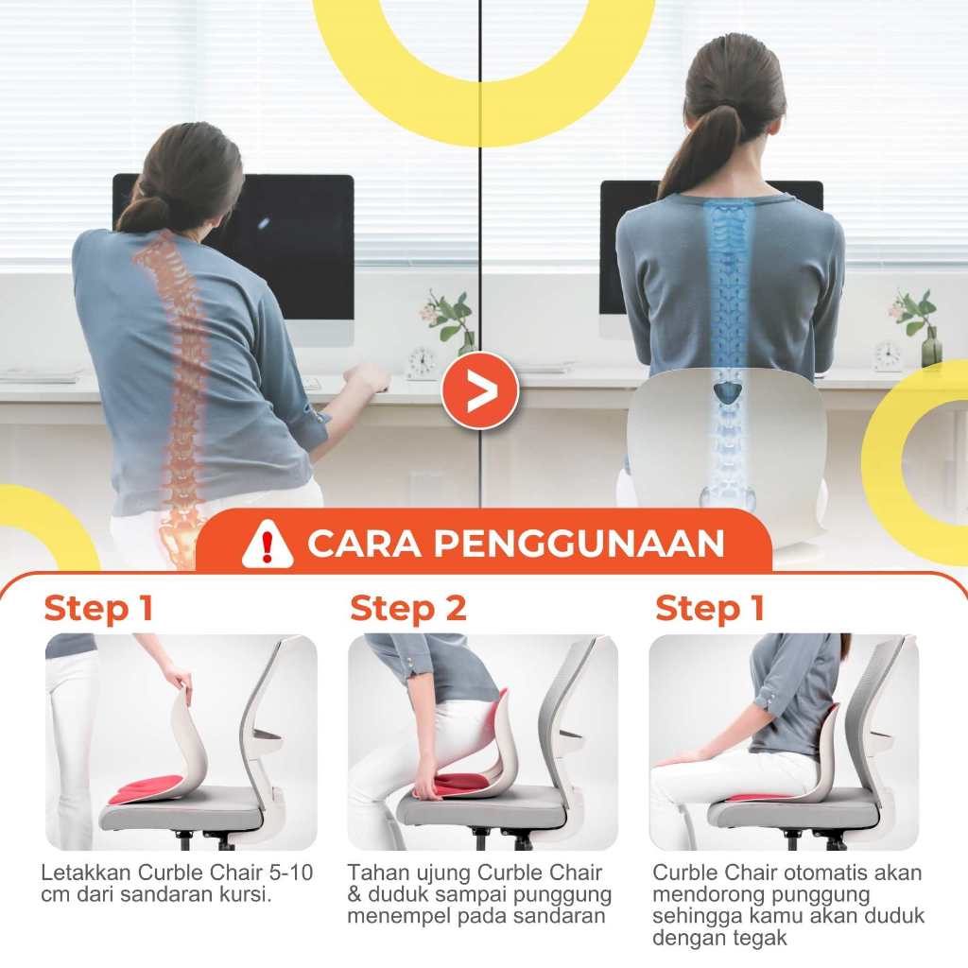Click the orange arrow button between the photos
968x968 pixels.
pyautogui.click(x=479, y=390)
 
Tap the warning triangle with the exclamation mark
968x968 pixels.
pyautogui.click(x=267, y=544)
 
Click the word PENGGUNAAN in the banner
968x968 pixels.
pyautogui.click(x=579, y=544)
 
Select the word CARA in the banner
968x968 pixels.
pyautogui.click(x=365, y=544)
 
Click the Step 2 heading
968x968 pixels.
pyautogui.click(x=407, y=608)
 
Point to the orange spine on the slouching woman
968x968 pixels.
pyautogui.click(x=176, y=395)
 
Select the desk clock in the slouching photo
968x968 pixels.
pyautogui.click(x=422, y=363)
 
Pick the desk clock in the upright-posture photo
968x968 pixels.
pyautogui.click(x=887, y=356)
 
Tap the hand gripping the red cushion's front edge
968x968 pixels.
pyautogui.click(x=427, y=783)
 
